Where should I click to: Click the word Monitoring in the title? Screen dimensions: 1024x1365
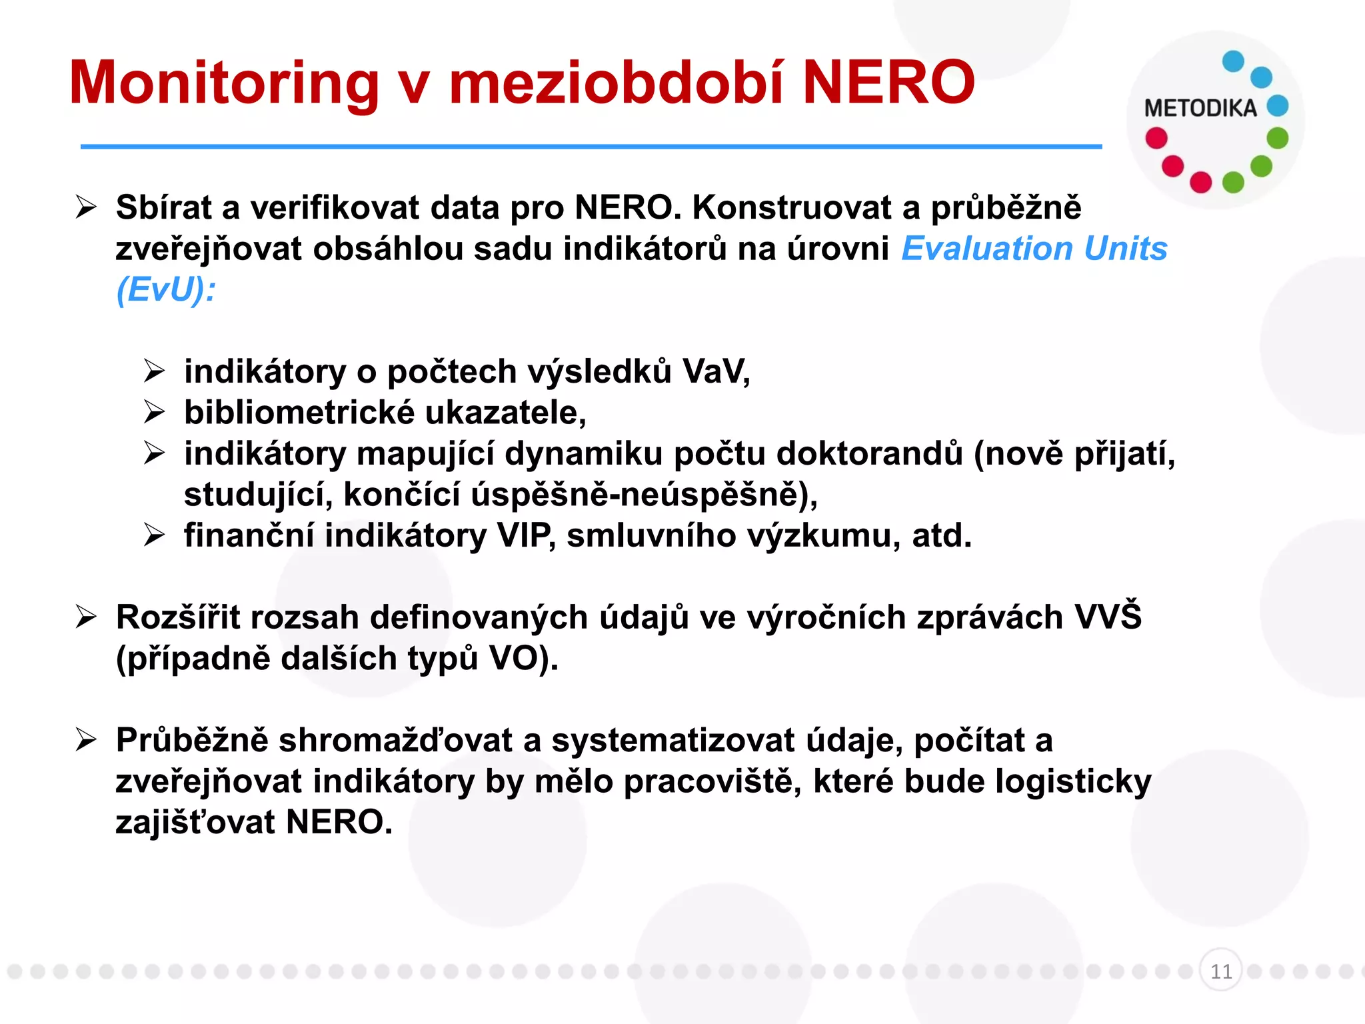[224, 84]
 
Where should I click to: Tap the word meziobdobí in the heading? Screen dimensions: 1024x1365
[617, 83]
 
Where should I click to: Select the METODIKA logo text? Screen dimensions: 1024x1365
[1200, 108]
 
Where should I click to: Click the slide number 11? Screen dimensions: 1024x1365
[1220, 971]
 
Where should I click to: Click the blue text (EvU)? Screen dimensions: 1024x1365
[166, 290]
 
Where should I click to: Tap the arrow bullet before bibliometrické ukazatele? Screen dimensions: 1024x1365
[154, 413]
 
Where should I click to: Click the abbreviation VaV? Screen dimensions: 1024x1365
[714, 371]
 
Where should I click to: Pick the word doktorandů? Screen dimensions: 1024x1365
[870, 453]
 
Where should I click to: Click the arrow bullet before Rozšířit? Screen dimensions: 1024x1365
[86, 617]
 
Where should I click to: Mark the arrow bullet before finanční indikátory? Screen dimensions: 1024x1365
[154, 535]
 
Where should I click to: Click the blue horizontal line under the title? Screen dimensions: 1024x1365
[591, 147]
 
